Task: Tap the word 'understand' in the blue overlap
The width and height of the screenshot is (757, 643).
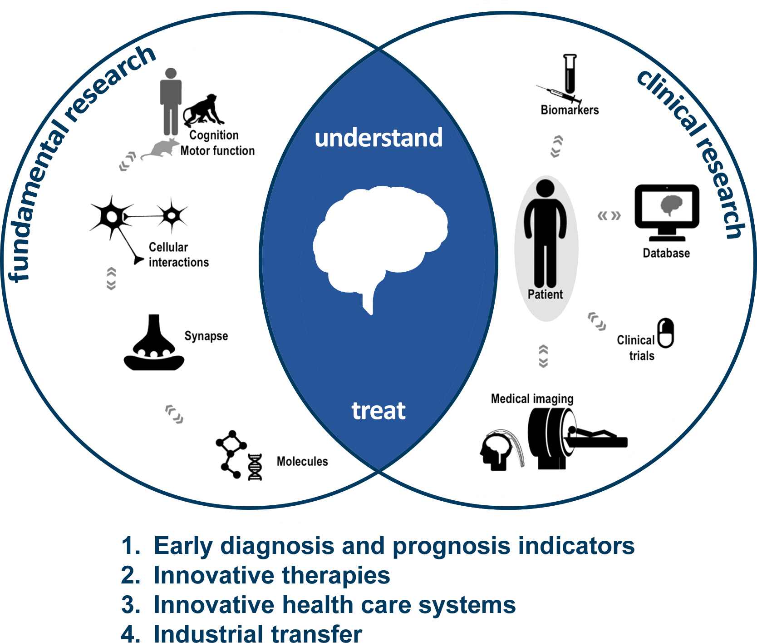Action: click(378, 138)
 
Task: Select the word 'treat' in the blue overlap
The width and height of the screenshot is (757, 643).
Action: click(378, 411)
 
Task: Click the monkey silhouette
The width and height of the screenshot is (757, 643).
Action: click(203, 110)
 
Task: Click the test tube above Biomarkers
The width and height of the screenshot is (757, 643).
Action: click(570, 74)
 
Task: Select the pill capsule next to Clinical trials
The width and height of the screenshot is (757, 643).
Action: click(666, 333)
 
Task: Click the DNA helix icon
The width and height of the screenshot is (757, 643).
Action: click(255, 467)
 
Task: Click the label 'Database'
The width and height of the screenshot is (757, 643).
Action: click(666, 253)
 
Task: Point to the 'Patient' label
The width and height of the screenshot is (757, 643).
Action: click(545, 294)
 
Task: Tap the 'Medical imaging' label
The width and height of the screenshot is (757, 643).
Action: click(532, 399)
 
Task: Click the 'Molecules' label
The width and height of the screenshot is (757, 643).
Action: click(302, 461)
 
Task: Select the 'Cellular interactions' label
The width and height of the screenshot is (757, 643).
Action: click(179, 254)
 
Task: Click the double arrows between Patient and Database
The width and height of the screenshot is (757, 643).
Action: click(609, 215)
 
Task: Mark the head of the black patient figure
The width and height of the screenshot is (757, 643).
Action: click(545, 188)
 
